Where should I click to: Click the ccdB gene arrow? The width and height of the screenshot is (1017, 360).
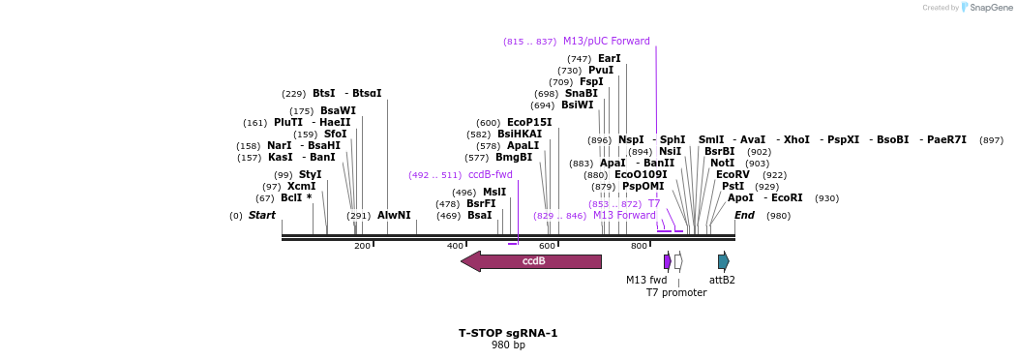531,261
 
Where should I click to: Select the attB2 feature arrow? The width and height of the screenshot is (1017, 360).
723,261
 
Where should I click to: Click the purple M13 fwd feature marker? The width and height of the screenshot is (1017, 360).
668,261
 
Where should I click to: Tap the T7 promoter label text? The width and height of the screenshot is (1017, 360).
676,292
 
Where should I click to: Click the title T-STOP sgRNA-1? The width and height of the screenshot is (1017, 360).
508,333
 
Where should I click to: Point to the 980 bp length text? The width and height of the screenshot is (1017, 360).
508,345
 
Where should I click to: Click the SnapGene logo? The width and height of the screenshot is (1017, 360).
987,8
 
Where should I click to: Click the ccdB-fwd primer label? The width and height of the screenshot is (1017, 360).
491,175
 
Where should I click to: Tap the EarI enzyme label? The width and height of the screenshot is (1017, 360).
610,59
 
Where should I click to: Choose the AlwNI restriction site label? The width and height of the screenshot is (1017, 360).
394,216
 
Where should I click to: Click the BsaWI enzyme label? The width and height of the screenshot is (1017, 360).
338,111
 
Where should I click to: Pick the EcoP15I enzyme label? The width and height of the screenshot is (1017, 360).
529,123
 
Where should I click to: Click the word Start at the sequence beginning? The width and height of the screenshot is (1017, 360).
262,216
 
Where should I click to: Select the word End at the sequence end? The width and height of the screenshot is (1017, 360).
744,216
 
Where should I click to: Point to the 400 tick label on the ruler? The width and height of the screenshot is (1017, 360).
455,247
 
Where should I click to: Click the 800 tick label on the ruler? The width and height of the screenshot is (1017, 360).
639,247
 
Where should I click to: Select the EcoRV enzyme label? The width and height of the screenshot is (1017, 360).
733,175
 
